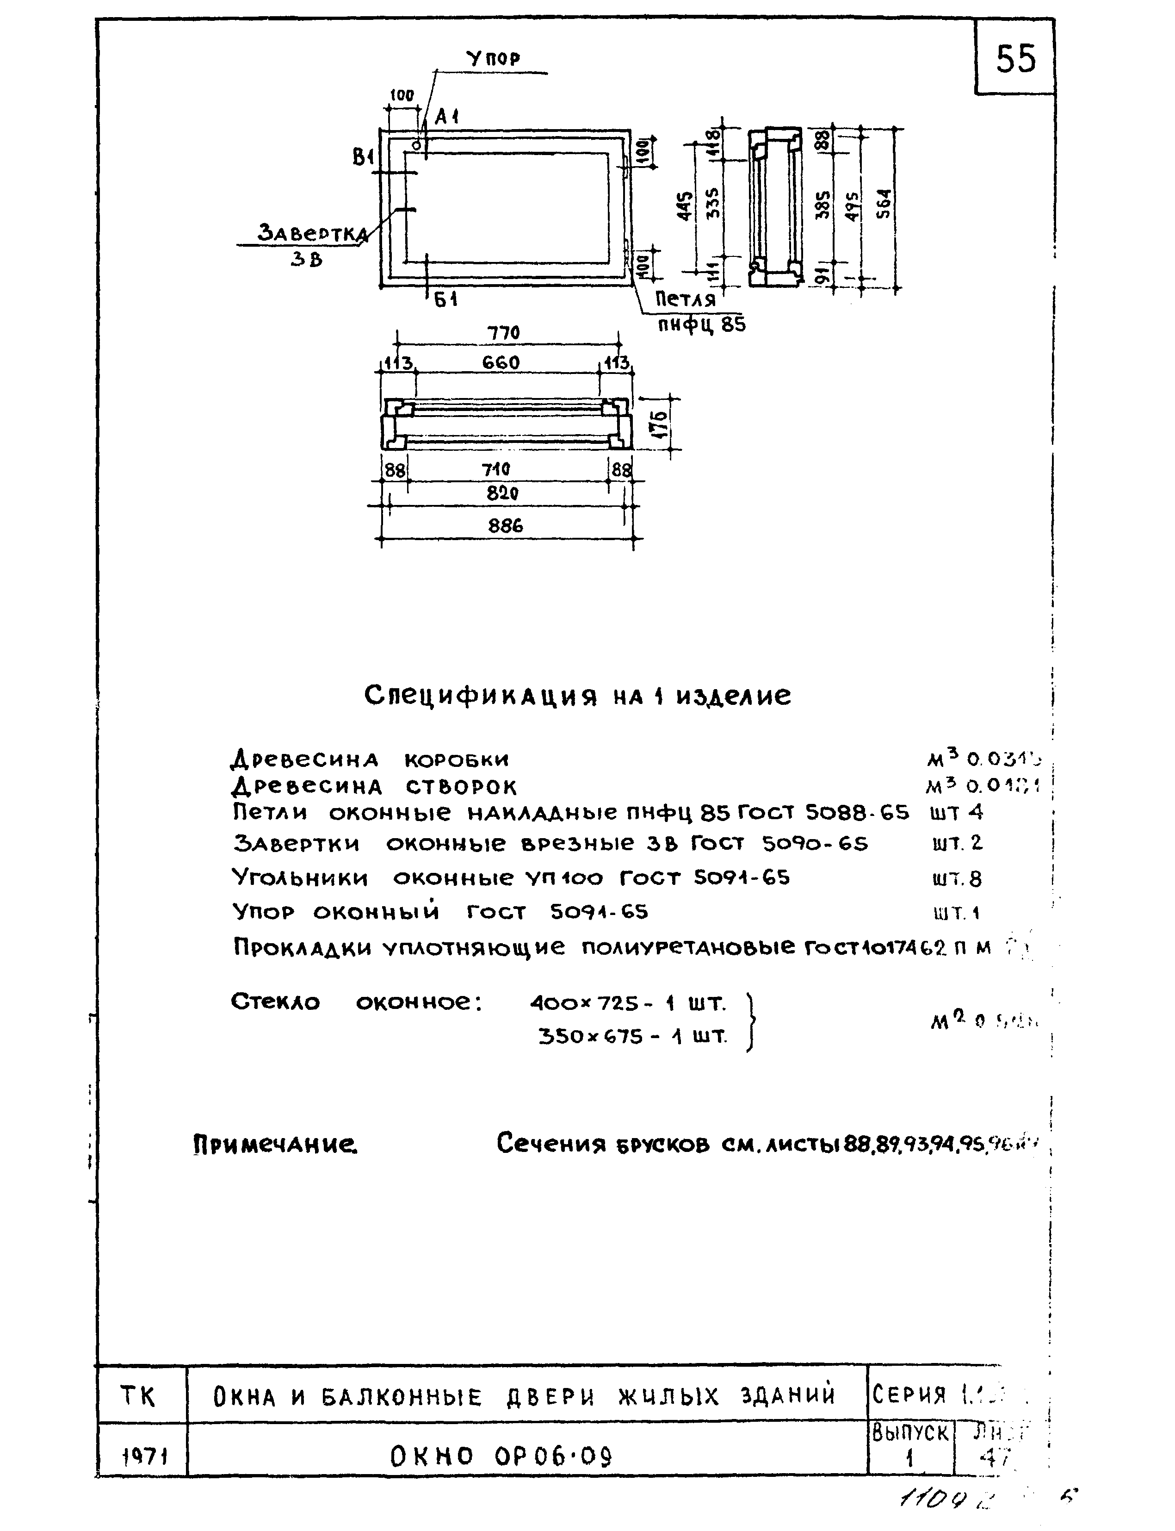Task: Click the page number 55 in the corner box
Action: click(x=1015, y=59)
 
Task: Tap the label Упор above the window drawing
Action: click(x=494, y=60)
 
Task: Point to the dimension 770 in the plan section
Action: click(x=504, y=333)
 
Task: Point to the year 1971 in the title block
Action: click(x=143, y=1457)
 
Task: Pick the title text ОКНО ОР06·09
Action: click(x=501, y=1457)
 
